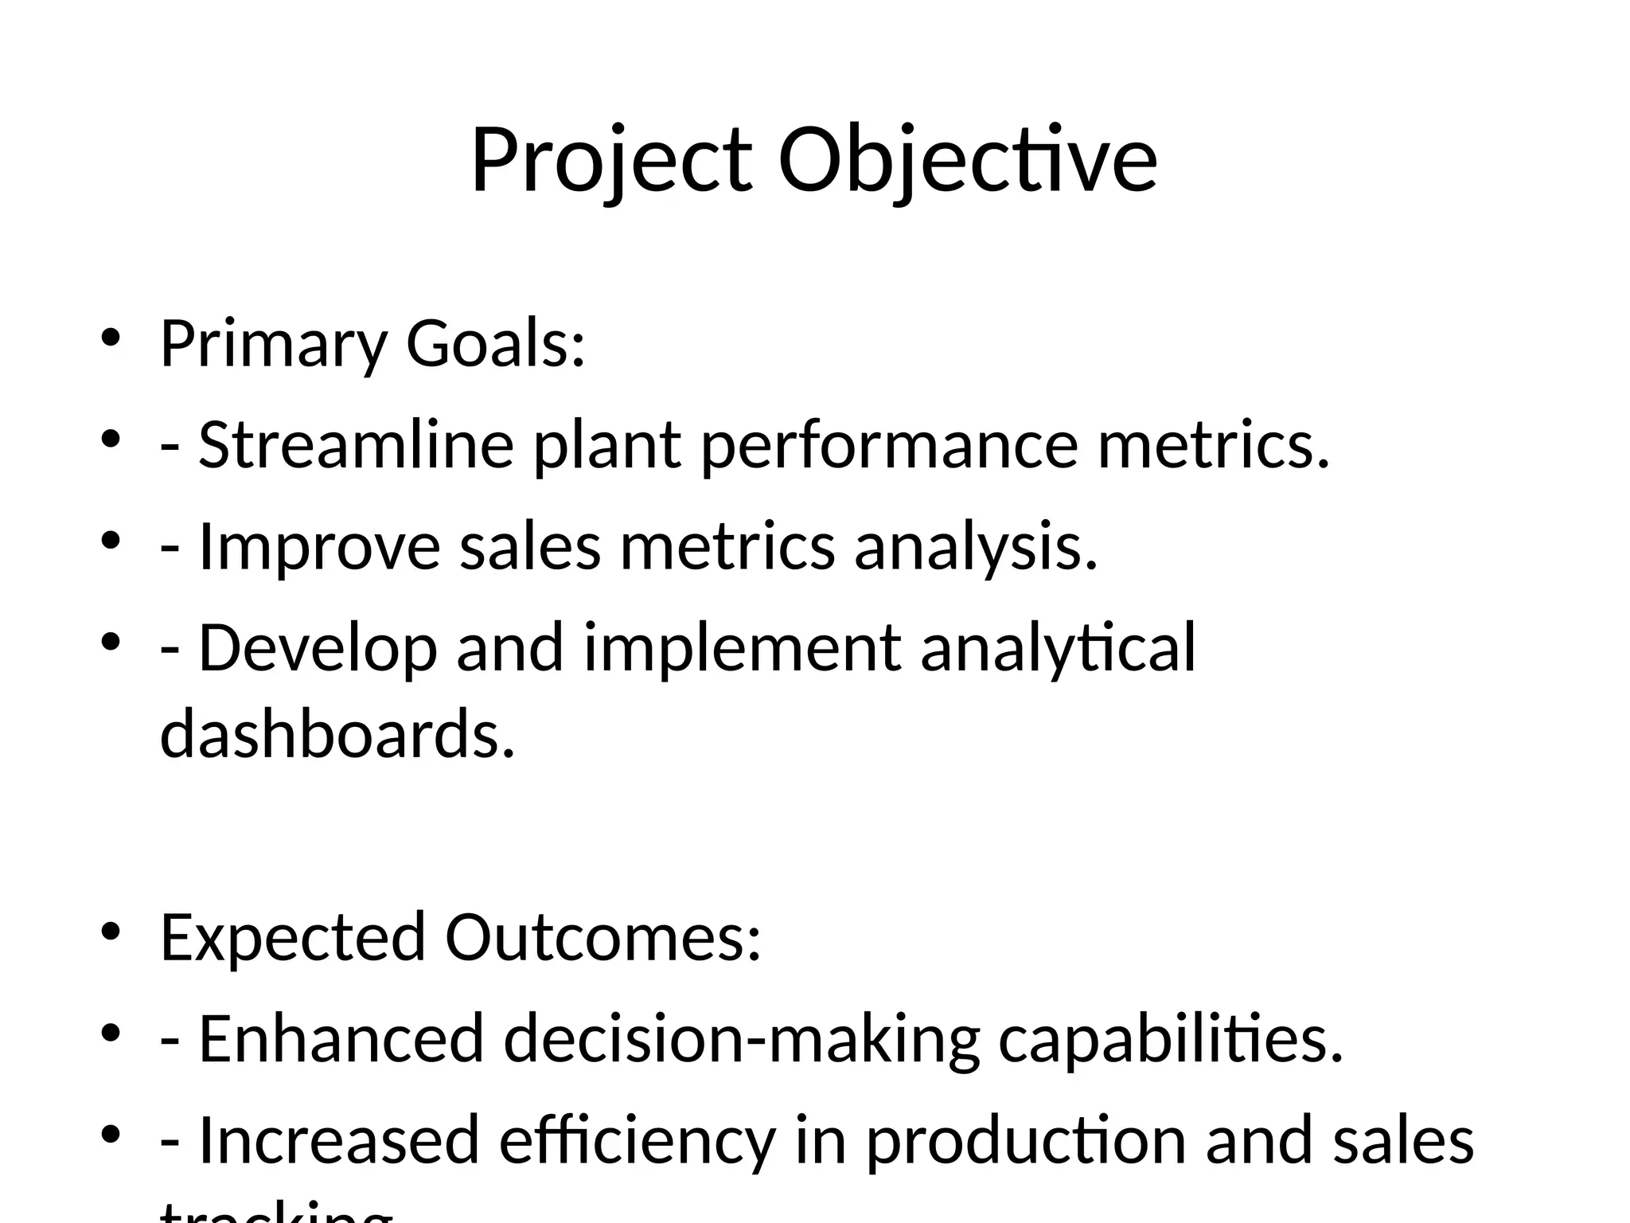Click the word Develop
coord(318,648)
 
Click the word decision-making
coord(741,1038)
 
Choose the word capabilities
coord(1171,1038)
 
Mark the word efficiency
coord(637,1140)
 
